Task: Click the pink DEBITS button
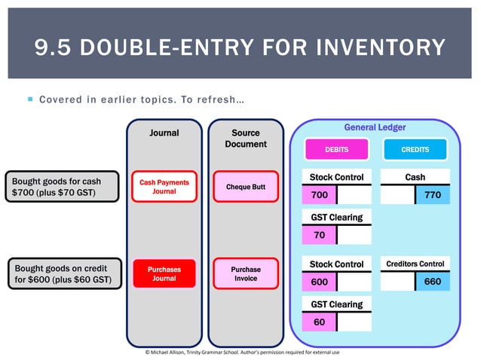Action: pyautogui.click(x=336, y=149)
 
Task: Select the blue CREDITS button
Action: pyautogui.click(x=415, y=149)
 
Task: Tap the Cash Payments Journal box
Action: pyautogui.click(x=164, y=187)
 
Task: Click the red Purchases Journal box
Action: pyautogui.click(x=164, y=273)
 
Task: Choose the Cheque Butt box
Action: pyautogui.click(x=246, y=187)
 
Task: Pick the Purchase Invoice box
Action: pyautogui.click(x=246, y=273)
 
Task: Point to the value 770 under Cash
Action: pyautogui.click(x=433, y=195)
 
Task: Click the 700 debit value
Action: pyautogui.click(x=319, y=195)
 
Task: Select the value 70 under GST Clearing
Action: pyautogui.click(x=319, y=234)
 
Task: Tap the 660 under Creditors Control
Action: pyautogui.click(x=433, y=282)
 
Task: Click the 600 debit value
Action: pyautogui.click(x=319, y=282)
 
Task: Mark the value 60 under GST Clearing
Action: pyautogui.click(x=319, y=322)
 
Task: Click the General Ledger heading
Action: pyautogui.click(x=375, y=127)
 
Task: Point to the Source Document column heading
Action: pyautogui.click(x=246, y=138)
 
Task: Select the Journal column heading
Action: pyautogui.click(x=164, y=133)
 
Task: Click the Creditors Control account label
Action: pyautogui.click(x=415, y=264)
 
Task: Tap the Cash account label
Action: pyautogui.click(x=415, y=177)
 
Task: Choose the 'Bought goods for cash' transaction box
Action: pyautogui.click(x=62, y=187)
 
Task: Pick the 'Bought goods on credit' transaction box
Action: pyautogui.click(x=62, y=274)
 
